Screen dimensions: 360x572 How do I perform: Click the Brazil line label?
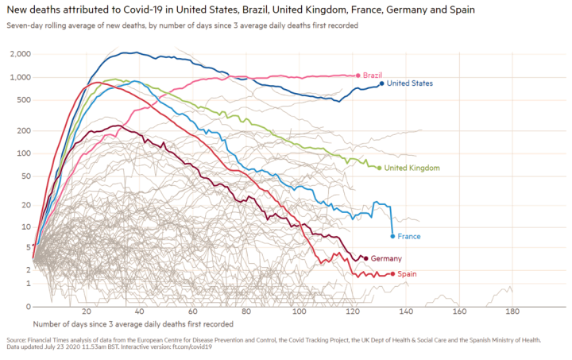coord(373,75)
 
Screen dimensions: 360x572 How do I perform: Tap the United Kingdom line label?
coord(412,168)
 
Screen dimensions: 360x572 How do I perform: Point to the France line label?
coord(409,236)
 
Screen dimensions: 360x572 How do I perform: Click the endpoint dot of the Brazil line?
coord(359,75)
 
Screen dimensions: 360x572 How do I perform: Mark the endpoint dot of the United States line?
coord(382,83)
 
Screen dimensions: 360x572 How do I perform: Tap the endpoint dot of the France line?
coord(392,236)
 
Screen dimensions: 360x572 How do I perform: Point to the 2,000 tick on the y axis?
coord(21,54)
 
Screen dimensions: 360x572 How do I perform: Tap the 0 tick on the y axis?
coord(27,306)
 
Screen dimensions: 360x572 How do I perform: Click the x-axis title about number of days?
coord(133,324)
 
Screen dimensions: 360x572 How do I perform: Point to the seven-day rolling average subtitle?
coord(182,26)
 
